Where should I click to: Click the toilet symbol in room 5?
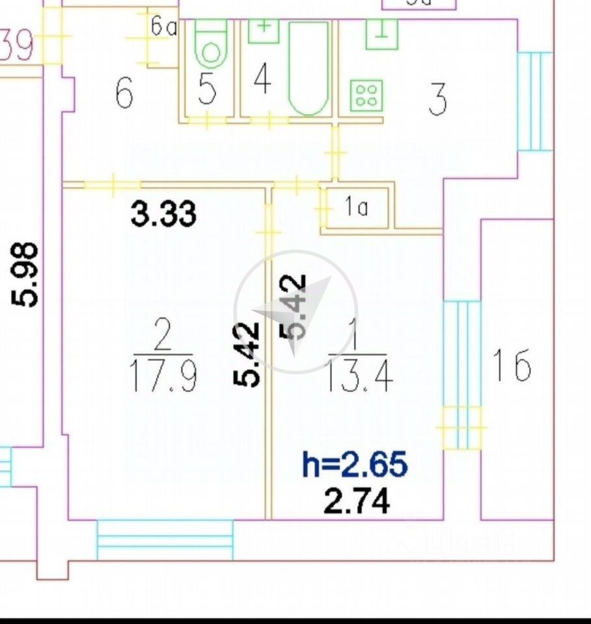tap(210, 45)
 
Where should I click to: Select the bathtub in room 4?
tap(309, 68)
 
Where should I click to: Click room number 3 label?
tap(438, 98)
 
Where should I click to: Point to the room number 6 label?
tap(124, 94)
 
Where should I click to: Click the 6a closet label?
tap(164, 28)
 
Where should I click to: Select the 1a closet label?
tap(357, 208)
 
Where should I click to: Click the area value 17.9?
tap(163, 377)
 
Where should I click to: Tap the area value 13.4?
tap(359, 377)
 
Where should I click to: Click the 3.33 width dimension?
tap(163, 213)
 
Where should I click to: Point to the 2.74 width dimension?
tap(357, 501)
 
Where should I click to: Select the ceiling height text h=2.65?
tap(355, 465)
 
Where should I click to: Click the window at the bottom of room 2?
tap(165, 539)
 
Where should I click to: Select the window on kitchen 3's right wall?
tap(534, 101)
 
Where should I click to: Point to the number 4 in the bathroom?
tap(262, 81)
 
